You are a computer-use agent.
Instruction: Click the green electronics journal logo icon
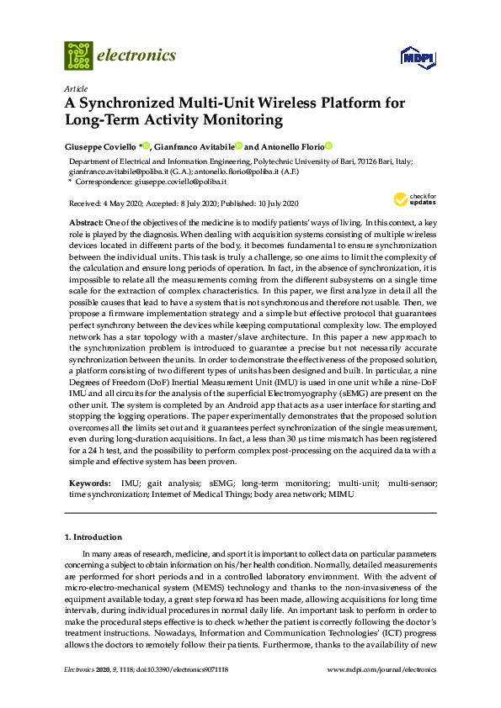click(x=78, y=55)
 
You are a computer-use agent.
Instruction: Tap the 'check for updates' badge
click(x=413, y=200)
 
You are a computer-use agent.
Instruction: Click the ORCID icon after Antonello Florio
click(x=329, y=145)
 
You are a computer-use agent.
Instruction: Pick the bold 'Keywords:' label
click(x=89, y=485)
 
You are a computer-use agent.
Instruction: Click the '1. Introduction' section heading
click(x=93, y=536)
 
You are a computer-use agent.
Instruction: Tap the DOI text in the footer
click(x=178, y=670)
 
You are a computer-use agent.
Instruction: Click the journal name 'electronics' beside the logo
click(x=138, y=55)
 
